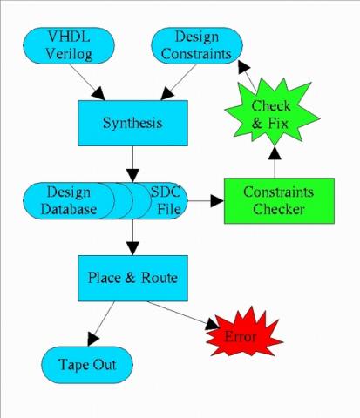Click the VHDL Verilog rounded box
[69, 45]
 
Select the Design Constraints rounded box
[197, 45]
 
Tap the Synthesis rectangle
[132, 123]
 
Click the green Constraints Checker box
[279, 200]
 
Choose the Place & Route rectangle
[132, 278]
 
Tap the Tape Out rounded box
[87, 365]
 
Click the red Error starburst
[244, 333]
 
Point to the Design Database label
[69, 200]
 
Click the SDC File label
[166, 200]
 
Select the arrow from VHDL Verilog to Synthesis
[87, 82]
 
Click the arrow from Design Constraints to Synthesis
[178, 82]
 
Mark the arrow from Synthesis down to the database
[132, 165]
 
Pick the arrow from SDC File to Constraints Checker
[206, 200]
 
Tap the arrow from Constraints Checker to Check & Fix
[275, 162]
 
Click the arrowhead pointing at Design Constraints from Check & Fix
[243, 66]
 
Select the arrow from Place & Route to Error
[183, 315]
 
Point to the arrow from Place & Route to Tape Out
[100, 324]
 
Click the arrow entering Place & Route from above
[132, 238]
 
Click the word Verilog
[69, 55]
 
